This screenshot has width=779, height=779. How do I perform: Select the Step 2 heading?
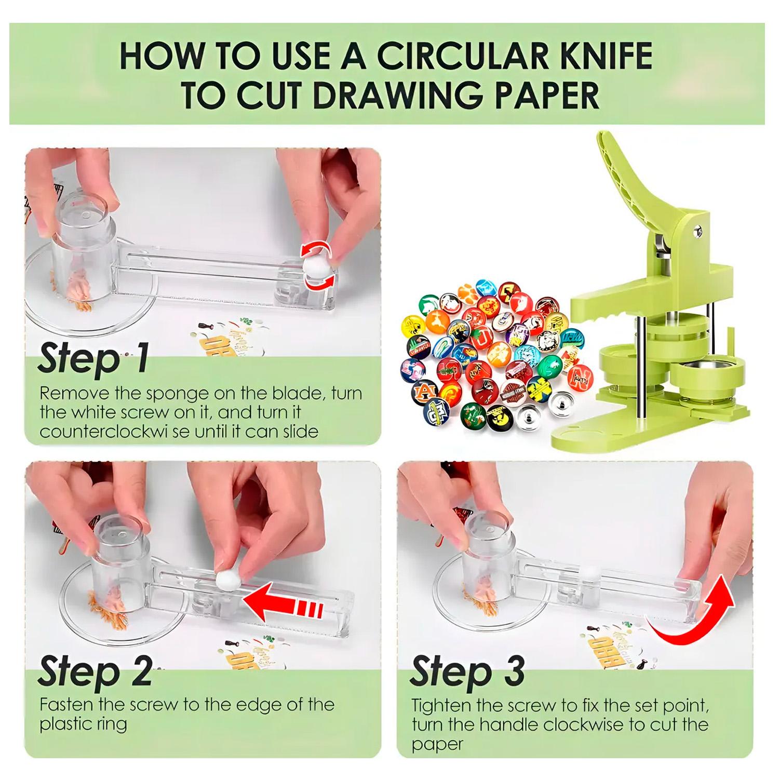tap(95, 672)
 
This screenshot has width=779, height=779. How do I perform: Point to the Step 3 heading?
tap(467, 672)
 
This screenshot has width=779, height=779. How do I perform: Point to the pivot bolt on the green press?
tap(699, 229)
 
